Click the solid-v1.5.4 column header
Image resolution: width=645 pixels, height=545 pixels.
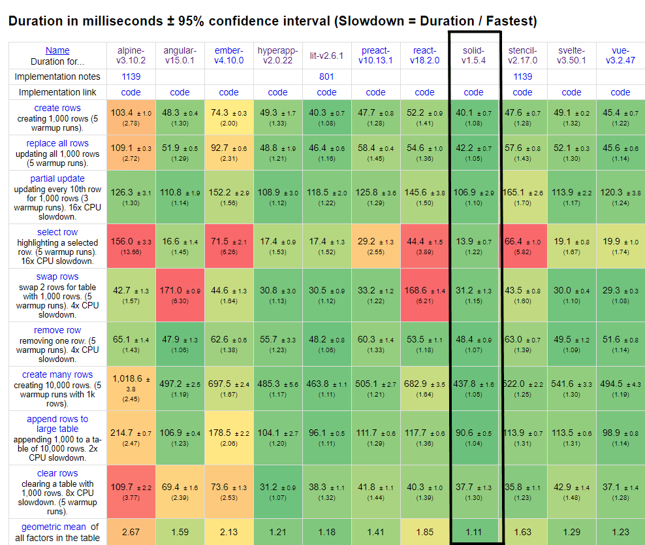click(x=473, y=56)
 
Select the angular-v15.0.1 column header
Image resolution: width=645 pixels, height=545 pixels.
click(x=180, y=56)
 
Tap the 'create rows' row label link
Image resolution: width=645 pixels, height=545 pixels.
click(x=57, y=108)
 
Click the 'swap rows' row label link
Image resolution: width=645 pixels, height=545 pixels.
click(x=57, y=277)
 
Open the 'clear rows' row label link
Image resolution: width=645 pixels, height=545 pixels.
click(x=57, y=473)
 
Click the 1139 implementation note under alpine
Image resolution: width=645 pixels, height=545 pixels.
click(x=131, y=76)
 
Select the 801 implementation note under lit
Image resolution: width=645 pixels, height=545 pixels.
click(x=326, y=76)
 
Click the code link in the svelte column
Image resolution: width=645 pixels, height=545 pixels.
click(x=571, y=92)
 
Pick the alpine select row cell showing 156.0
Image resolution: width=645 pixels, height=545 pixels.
click(x=131, y=246)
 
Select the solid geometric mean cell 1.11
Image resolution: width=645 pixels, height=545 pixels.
click(x=473, y=532)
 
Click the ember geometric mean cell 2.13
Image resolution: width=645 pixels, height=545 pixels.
click(x=228, y=532)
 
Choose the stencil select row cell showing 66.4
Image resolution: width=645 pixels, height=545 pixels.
click(x=522, y=246)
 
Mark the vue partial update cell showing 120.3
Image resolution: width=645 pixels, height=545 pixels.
click(x=620, y=197)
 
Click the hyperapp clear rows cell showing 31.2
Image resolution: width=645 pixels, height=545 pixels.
click(x=277, y=491)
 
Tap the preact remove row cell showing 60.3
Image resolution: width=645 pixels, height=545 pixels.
click(x=375, y=344)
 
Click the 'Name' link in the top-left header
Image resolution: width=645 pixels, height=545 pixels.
click(x=57, y=50)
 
